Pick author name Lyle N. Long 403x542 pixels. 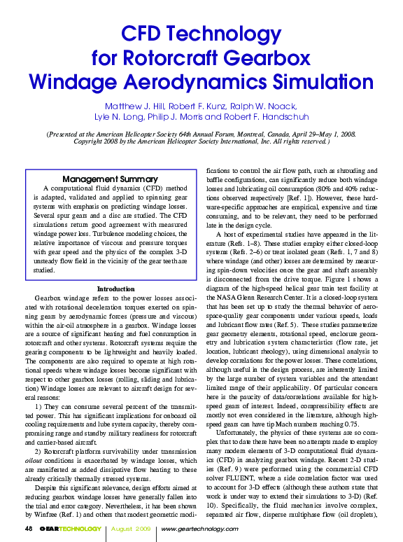point(119,117)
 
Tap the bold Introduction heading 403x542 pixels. point(115,289)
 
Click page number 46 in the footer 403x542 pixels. point(29,527)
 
